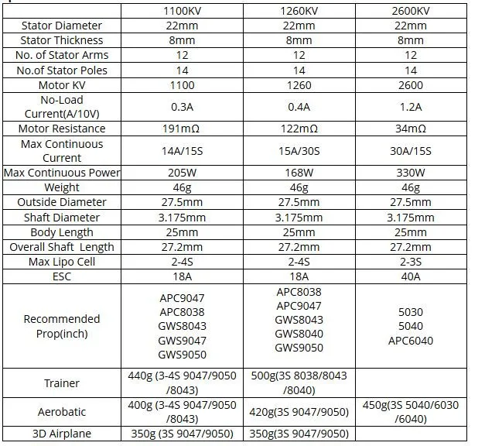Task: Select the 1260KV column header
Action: tap(298, 11)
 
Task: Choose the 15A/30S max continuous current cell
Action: tap(298, 151)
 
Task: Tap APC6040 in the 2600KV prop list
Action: tap(410, 341)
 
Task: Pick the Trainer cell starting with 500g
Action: tap(298, 383)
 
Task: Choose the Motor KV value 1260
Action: tap(298, 85)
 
